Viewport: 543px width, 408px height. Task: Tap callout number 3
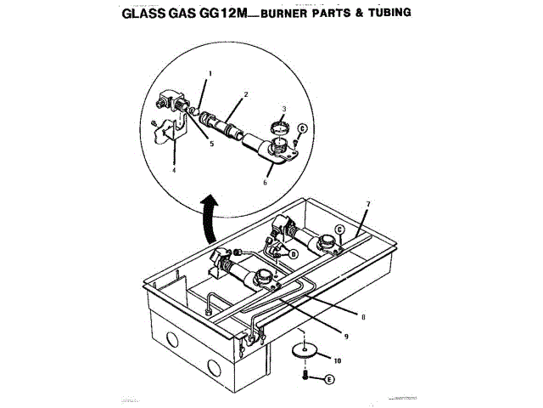284,110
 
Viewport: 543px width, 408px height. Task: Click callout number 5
212,144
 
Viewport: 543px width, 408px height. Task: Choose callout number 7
368,205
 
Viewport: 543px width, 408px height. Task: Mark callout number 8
362,317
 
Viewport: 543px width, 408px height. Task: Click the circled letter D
293,253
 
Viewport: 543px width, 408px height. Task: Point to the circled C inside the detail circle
302,128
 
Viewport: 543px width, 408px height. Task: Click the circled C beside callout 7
340,229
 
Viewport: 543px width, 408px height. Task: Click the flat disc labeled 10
303,351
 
